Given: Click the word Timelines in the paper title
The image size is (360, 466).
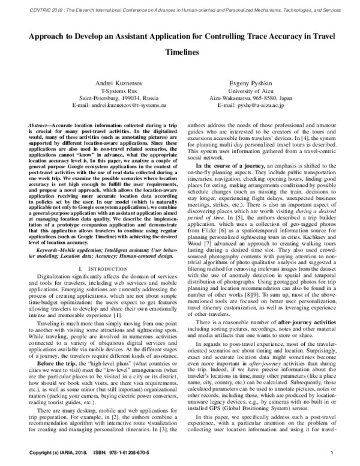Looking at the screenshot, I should (x=179, y=52).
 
